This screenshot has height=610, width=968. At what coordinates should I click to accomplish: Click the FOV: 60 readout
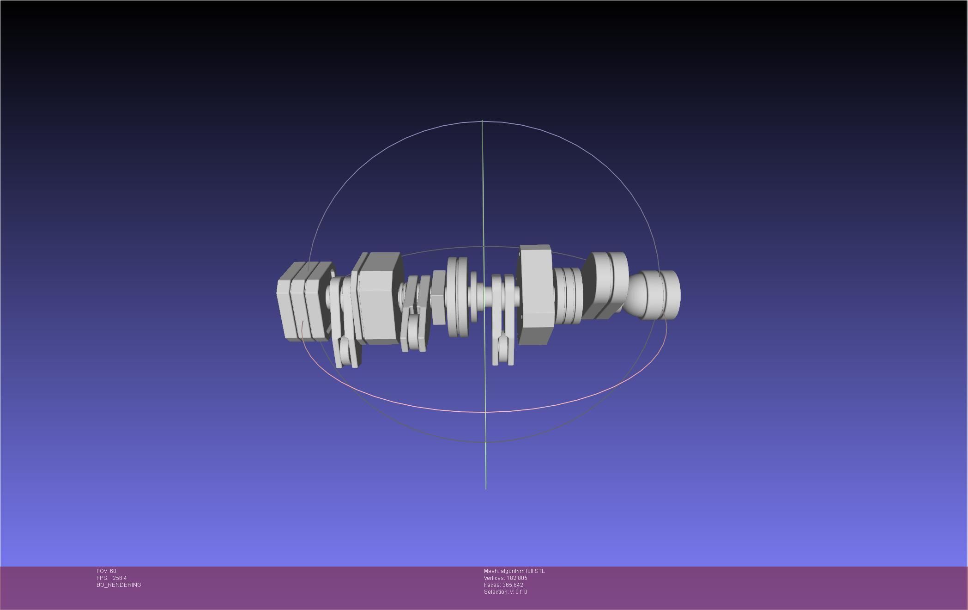(106, 571)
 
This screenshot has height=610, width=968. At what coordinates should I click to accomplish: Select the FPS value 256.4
(119, 578)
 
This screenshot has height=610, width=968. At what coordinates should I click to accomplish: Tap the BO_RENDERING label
(119, 585)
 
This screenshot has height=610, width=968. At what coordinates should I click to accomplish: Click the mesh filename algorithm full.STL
(522, 571)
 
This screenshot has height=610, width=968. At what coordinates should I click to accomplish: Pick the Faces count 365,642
(513, 585)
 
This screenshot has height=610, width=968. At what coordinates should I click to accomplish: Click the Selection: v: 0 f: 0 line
(505, 592)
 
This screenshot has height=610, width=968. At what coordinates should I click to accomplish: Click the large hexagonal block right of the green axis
(536, 295)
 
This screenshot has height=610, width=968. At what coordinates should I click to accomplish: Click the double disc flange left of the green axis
(457, 297)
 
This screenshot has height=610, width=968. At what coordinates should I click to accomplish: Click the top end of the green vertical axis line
(482, 121)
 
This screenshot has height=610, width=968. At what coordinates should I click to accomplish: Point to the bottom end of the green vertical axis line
(486, 488)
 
